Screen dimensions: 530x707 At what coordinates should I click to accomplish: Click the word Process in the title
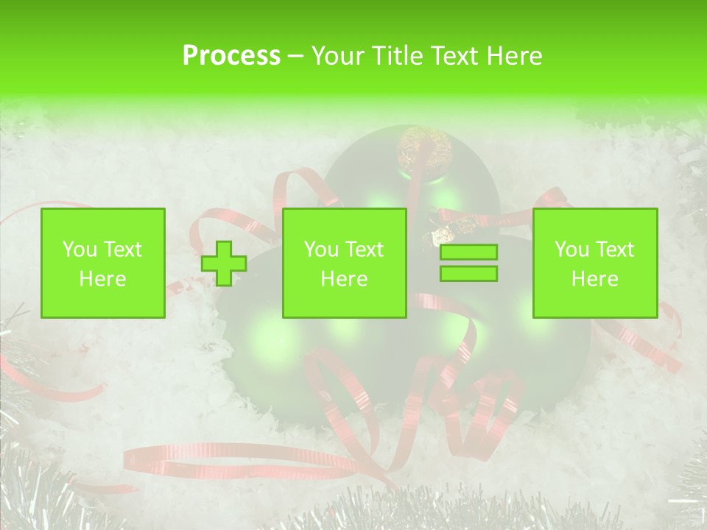click(231, 56)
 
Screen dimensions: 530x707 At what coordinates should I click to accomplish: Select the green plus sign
click(224, 264)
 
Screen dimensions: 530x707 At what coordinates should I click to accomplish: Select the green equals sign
click(468, 263)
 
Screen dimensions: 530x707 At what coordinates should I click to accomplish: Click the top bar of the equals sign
click(468, 252)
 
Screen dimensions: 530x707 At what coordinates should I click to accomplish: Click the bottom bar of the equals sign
click(468, 273)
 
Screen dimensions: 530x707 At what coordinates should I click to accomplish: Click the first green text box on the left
click(103, 264)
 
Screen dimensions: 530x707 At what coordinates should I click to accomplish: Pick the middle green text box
click(345, 264)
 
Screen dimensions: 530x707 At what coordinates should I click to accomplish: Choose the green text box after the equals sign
click(595, 264)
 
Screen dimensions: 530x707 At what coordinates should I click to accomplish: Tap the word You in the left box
click(80, 250)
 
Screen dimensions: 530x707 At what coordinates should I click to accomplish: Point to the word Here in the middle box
click(345, 279)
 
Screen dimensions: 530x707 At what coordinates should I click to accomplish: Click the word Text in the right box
click(615, 250)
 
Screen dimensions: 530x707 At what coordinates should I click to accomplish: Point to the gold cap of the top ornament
click(425, 149)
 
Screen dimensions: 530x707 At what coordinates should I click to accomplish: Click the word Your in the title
click(337, 56)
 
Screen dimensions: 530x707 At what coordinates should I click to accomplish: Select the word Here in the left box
click(103, 279)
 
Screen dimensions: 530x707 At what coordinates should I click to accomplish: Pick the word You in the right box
click(571, 250)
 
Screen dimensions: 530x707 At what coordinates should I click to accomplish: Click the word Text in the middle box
click(365, 250)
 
